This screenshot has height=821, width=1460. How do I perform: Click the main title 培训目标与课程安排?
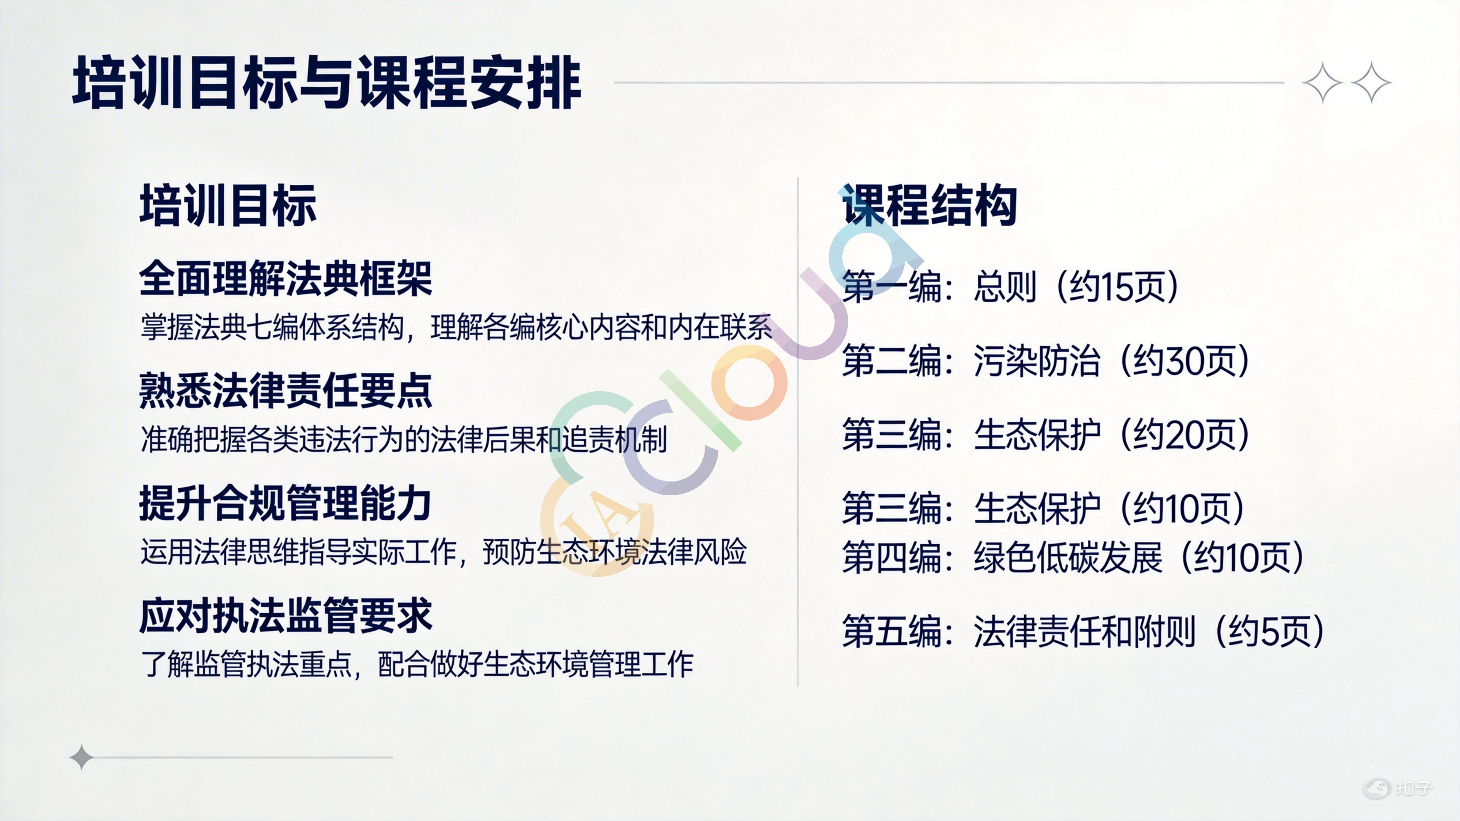pos(327,83)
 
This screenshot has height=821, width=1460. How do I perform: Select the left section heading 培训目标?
pos(228,205)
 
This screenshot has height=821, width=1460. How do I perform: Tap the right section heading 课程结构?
pos(930,205)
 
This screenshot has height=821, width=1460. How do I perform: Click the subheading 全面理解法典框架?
pos(286,278)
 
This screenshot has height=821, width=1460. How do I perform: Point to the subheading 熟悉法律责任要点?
pos(286,390)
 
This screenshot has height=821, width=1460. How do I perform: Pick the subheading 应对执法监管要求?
pos(286,615)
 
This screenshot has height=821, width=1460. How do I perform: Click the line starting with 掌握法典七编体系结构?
pos(456,328)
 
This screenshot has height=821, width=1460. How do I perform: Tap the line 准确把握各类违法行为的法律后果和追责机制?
pos(403,440)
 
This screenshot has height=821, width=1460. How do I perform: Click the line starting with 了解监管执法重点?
pos(417,664)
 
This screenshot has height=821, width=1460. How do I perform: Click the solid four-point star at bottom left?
pos(82,757)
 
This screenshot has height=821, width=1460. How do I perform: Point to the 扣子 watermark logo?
pos(1398,788)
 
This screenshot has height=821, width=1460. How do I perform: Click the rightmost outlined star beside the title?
pos(1371,83)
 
